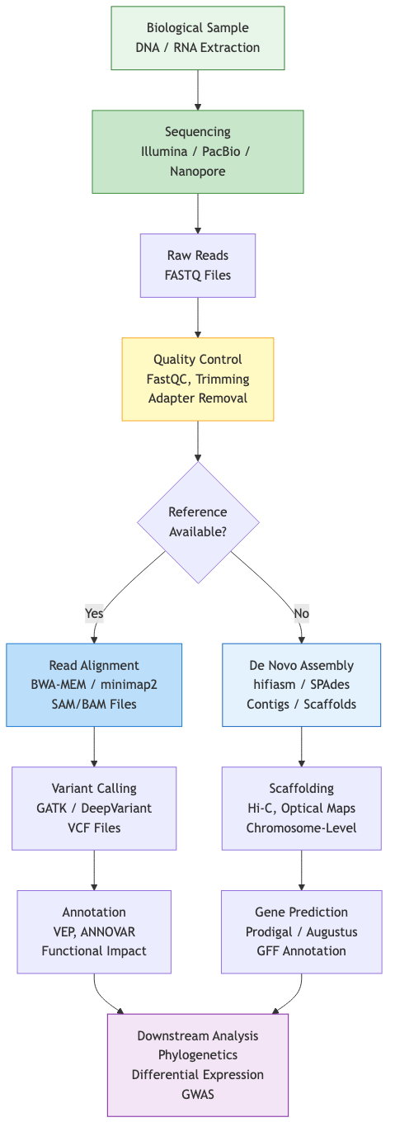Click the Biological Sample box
tap(198, 38)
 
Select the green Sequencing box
tap(198, 152)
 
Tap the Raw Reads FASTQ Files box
tap(198, 265)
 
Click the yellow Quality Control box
tap(198, 379)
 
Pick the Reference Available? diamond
tap(198, 521)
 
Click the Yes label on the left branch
tap(94, 613)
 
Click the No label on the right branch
tap(301, 613)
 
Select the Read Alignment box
tap(94, 685)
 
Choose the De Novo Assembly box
tap(301, 685)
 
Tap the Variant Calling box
tap(94, 808)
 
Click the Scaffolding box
tap(301, 808)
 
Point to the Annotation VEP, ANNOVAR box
tap(94, 931)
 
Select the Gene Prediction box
tap(301, 931)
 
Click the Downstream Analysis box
tap(198, 1063)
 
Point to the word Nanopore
tap(198, 172)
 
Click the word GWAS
tap(198, 1094)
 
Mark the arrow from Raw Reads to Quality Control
tap(198, 318)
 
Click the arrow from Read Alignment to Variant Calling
tap(94, 747)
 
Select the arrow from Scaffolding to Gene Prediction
tap(301, 870)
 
